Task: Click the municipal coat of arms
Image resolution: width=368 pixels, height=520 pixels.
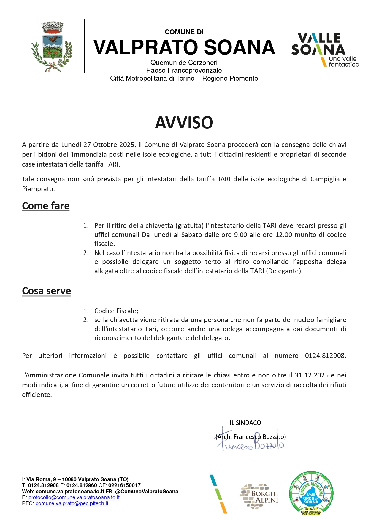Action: [x=52, y=47]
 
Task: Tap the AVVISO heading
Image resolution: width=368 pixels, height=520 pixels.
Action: [x=184, y=122]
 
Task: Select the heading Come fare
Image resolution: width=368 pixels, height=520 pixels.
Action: [x=46, y=206]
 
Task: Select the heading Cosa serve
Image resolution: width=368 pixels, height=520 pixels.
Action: [x=46, y=291]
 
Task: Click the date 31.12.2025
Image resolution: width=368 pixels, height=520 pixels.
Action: [x=311, y=375]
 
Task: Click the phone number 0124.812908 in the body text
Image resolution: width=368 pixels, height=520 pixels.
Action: [x=325, y=356]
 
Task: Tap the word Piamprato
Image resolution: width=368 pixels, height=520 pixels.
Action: [x=38, y=189]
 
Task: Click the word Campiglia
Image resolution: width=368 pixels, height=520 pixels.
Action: [x=325, y=179]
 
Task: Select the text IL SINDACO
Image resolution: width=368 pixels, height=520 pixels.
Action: [x=245, y=423]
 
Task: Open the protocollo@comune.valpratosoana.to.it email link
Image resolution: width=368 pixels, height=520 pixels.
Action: [x=74, y=497]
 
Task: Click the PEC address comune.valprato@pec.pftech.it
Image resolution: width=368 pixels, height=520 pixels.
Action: [x=72, y=503]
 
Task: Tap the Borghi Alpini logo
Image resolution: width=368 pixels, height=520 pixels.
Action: [x=259, y=496]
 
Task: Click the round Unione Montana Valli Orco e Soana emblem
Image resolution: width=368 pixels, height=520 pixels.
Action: [x=311, y=494]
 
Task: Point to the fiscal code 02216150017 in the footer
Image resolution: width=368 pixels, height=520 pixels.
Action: [x=124, y=485]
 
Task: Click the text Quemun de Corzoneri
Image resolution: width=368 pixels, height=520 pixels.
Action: [x=184, y=63]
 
